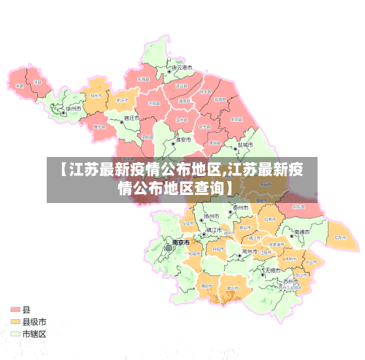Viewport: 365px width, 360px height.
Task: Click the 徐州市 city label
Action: point(74,109)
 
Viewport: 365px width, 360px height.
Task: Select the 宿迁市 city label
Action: point(132,117)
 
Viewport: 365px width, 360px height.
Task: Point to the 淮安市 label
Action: point(183,139)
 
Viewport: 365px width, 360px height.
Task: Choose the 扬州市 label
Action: point(212,217)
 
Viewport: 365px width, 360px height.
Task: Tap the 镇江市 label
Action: point(215,230)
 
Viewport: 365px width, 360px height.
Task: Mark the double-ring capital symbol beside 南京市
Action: point(169,248)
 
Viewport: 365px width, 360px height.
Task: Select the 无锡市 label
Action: point(272,270)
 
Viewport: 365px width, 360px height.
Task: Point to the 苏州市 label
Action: point(291,280)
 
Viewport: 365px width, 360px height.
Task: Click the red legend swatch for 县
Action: point(15,310)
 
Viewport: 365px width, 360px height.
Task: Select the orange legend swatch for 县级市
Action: point(15,321)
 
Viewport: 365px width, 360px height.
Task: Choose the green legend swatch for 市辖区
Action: point(15,333)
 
